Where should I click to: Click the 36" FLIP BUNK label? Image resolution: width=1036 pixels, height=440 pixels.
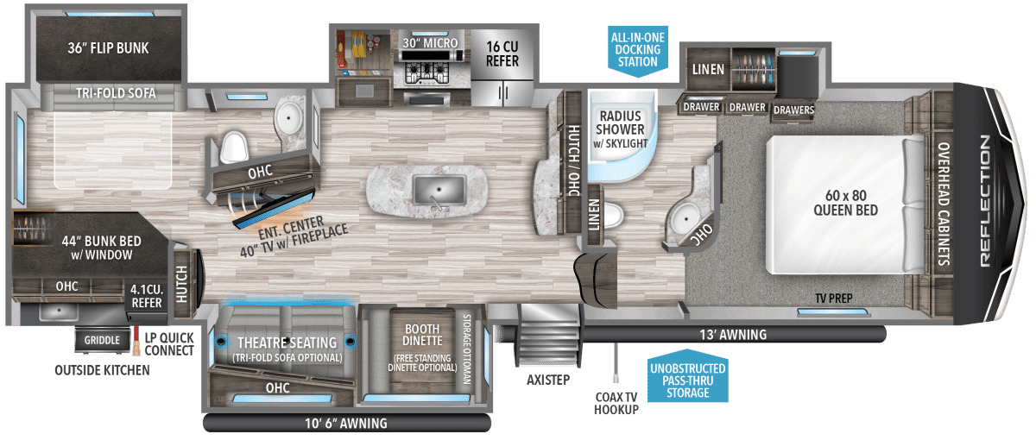tap(108, 48)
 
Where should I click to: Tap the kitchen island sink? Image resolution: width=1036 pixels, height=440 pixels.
tap(439, 191)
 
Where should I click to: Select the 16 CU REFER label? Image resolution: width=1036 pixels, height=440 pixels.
tap(502, 53)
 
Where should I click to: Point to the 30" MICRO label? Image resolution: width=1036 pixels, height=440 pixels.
tap(430, 43)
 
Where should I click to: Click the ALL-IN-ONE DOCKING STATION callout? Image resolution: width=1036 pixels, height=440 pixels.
tap(638, 50)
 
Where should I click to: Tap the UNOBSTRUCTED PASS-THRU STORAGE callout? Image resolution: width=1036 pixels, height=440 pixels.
tap(688, 380)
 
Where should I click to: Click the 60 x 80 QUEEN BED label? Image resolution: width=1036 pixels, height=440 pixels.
tap(845, 203)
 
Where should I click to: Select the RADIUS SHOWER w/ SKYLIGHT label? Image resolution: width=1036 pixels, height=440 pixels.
tap(620, 129)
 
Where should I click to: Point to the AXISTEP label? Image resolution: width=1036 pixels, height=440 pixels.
tap(548, 380)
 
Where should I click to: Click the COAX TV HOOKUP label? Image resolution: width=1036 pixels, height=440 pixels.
tap(616, 404)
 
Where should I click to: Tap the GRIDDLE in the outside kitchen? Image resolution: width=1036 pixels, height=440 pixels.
tap(102, 340)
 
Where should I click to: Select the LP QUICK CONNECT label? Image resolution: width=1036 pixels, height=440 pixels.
tap(169, 344)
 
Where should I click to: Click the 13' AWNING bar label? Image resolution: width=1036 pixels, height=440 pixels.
tap(733, 335)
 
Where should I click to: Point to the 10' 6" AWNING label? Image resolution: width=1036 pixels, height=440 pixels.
tap(346, 424)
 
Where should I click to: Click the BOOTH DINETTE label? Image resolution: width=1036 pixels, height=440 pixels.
tap(422, 335)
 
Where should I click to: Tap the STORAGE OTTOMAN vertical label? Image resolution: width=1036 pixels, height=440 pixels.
tap(467, 349)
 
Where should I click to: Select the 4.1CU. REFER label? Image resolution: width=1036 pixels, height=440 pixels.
tap(147, 296)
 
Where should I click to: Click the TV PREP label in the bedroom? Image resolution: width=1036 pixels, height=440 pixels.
tap(834, 299)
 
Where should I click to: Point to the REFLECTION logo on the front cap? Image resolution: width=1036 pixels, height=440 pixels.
tap(986, 200)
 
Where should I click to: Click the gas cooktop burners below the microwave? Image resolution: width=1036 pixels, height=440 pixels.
tap(426, 73)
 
